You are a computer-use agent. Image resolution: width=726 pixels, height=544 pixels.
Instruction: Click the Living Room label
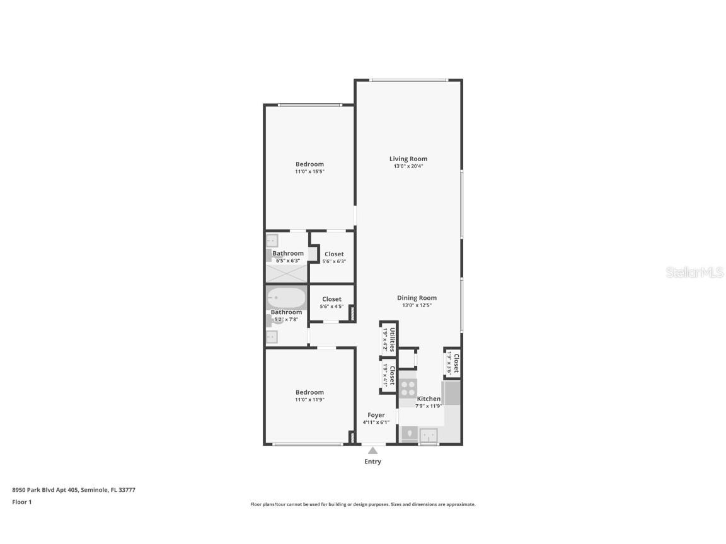tap(408, 159)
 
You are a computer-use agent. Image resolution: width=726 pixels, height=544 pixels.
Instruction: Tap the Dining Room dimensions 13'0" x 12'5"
tap(417, 305)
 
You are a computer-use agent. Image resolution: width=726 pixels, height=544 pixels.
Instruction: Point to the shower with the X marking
tap(287, 273)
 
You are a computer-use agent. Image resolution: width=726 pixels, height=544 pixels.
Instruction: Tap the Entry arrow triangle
tap(373, 450)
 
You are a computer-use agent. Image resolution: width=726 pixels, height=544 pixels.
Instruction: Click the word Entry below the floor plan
tap(373, 462)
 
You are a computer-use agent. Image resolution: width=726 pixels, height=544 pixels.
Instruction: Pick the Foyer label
tap(376, 416)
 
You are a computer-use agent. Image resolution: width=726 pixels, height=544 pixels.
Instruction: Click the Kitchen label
tap(429, 399)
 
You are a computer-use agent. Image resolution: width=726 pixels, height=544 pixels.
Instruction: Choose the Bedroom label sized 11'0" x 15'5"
tap(309, 164)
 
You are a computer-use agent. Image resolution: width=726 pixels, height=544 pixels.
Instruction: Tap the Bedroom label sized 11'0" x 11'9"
tap(309, 392)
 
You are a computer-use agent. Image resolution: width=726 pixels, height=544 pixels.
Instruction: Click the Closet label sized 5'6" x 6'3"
tap(334, 254)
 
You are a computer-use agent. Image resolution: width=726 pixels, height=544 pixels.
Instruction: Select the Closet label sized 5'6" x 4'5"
tap(331, 300)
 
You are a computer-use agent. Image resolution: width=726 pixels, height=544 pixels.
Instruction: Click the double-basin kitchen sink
tap(429, 434)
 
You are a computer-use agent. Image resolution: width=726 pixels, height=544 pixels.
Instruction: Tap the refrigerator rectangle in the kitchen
tap(452, 394)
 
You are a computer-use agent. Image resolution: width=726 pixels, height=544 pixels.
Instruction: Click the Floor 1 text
tap(22, 502)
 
